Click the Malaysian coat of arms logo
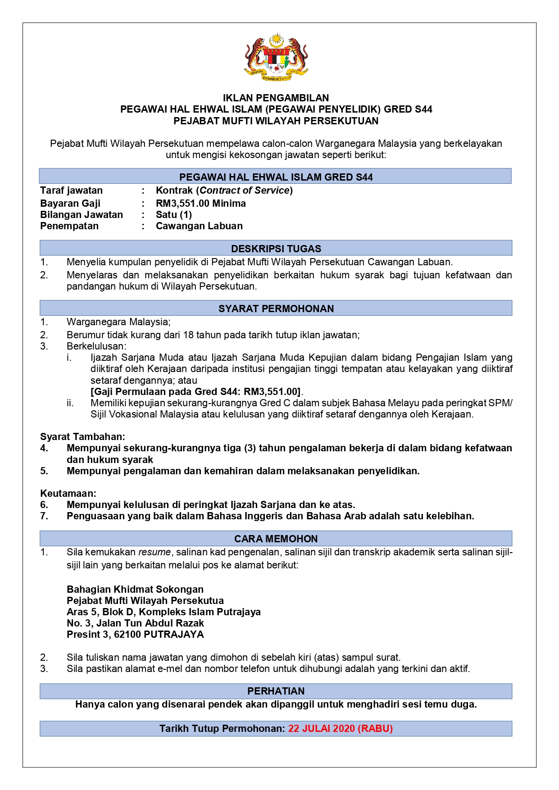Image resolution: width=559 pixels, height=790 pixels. click(276, 57)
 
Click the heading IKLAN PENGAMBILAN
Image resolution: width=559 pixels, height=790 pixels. click(276, 98)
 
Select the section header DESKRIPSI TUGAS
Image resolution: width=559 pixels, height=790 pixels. click(276, 249)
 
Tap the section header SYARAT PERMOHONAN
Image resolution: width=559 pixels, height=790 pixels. click(276, 309)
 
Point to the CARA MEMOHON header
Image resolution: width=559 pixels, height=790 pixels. click(276, 539)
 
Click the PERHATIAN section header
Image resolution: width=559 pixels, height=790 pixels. click(276, 691)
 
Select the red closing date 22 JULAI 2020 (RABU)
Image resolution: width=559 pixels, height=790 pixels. click(340, 728)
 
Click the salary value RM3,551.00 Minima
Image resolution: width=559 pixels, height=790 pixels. click(200, 203)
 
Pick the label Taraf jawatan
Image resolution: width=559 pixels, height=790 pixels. click(71, 190)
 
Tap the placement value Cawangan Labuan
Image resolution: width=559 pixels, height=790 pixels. click(199, 226)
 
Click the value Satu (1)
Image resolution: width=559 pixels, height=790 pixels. click(173, 214)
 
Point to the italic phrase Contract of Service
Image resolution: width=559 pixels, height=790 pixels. click(245, 190)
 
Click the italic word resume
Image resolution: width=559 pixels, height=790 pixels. click(154, 552)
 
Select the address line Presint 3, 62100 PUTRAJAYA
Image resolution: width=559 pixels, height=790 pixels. click(135, 634)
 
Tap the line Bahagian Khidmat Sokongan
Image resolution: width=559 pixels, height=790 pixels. click(135, 589)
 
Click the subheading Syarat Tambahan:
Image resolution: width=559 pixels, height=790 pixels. click(82, 436)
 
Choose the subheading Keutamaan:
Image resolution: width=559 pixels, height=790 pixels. click(68, 493)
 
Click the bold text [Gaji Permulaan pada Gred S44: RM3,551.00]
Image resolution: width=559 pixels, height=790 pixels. click(195, 391)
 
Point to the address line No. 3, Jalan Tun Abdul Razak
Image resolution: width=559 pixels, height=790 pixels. click(135, 623)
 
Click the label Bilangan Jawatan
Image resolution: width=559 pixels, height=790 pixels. click(82, 214)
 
